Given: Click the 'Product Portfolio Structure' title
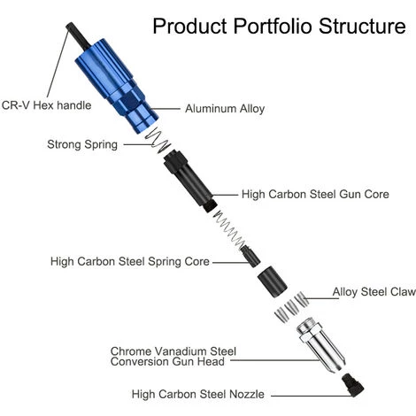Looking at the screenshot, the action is click(x=279, y=26).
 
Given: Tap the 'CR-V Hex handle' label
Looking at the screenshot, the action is click(x=46, y=105).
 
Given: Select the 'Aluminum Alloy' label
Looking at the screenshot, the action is click(x=225, y=109).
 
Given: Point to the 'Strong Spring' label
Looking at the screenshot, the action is click(x=82, y=144).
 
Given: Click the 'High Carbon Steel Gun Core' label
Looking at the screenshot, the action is click(x=315, y=194).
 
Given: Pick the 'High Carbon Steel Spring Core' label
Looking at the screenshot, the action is click(x=130, y=262).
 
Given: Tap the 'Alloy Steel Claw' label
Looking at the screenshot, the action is click(x=374, y=292).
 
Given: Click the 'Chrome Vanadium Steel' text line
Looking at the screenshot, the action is click(x=173, y=351).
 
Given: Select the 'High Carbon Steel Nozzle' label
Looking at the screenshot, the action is click(x=197, y=394).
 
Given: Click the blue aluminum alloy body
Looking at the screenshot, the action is click(x=117, y=86).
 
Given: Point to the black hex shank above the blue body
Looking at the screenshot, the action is click(x=78, y=36).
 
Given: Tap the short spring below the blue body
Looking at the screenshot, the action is click(x=158, y=142).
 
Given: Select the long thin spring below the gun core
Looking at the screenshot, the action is click(x=230, y=229).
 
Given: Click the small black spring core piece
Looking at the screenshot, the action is click(x=250, y=257).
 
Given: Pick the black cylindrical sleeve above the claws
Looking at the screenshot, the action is click(x=272, y=281).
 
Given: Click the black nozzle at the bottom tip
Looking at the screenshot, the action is click(x=353, y=385).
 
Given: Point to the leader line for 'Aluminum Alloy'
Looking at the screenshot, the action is click(x=165, y=109).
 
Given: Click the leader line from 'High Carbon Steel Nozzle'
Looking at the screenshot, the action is click(x=312, y=396).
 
